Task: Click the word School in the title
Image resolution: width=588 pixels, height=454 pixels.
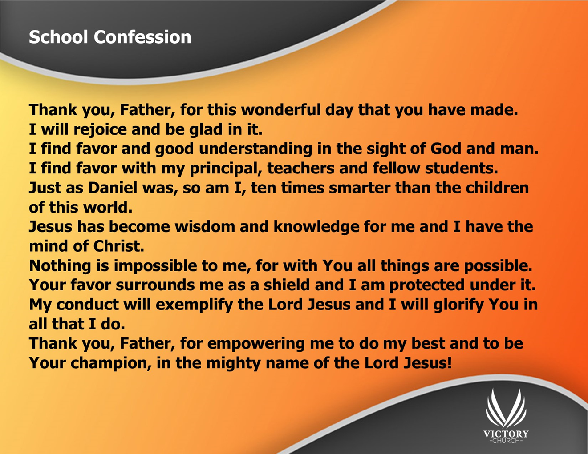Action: tap(58, 37)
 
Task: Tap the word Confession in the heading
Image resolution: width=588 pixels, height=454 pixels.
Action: tap(142, 37)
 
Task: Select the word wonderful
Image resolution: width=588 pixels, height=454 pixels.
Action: tap(282, 110)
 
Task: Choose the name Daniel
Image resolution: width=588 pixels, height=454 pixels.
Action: tap(113, 188)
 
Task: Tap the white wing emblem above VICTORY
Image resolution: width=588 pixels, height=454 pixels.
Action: tap(506, 408)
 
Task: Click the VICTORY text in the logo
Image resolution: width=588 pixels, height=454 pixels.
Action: tap(506, 434)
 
